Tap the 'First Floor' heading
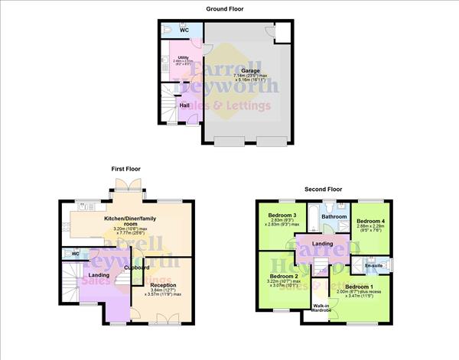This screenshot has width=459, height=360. tap(126, 168)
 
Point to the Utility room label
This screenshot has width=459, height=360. tap(183, 57)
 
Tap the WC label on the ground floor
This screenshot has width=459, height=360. tap(184, 30)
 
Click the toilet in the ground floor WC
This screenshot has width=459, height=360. tap(168, 29)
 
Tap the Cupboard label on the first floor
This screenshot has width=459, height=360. tap(137, 268)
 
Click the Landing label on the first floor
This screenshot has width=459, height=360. tap(99, 275)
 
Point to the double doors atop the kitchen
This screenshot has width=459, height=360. tap(125, 186)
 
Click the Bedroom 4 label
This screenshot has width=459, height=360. tap(371, 217)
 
